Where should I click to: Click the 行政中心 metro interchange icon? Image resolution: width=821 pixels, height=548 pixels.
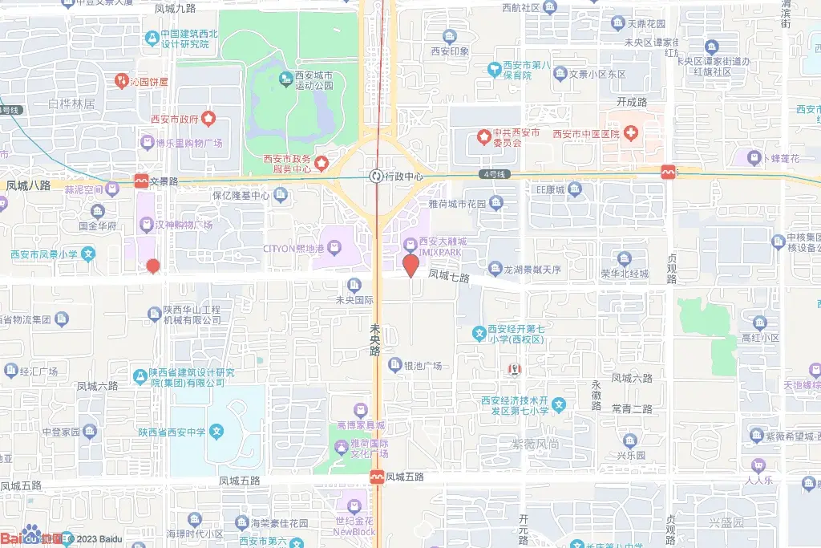[375, 176]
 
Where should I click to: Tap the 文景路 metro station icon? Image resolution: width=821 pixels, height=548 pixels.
[142, 181]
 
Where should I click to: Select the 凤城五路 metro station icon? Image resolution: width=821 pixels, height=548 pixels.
[376, 477]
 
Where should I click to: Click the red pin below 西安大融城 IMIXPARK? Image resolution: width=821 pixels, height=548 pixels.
[410, 264]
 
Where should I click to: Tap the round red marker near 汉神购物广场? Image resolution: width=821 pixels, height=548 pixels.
[153, 266]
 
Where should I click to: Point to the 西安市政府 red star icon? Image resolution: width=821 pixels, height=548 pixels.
[208, 120]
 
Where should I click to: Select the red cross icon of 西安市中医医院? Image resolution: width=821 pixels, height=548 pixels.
[632, 132]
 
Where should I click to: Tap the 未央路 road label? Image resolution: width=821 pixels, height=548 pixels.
[374, 340]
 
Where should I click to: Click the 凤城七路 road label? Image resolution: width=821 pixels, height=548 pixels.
[448, 275]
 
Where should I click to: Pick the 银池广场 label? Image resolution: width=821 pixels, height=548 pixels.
[423, 366]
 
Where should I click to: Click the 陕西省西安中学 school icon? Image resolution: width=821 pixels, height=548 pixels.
[216, 432]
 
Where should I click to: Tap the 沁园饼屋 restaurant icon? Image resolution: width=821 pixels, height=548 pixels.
[121, 80]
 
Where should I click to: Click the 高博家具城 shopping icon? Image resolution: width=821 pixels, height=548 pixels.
[359, 411]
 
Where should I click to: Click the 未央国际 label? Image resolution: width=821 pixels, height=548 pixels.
[354, 300]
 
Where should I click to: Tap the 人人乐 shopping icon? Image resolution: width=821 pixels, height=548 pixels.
[757, 465]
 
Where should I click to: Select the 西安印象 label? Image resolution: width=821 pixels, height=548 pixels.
[449, 51]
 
